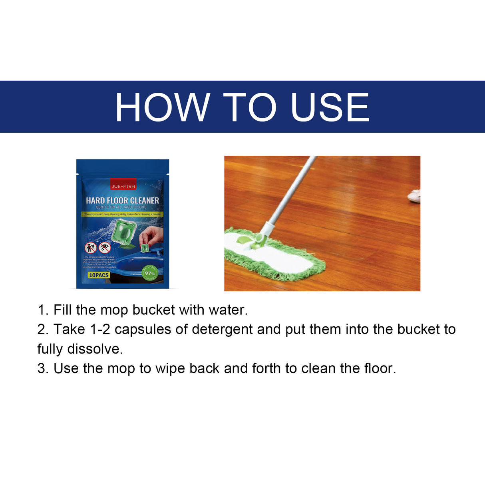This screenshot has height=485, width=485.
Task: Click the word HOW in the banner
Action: tap(162, 107)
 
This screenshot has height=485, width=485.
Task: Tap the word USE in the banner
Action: tap(330, 107)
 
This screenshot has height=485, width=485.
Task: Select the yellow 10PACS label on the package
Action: tap(99, 275)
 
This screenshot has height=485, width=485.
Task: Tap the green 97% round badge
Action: tap(150, 273)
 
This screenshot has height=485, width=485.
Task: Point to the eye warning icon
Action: tap(105, 247)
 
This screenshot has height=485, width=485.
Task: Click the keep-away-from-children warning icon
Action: tap(91, 248)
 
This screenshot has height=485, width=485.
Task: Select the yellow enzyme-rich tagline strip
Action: tap(122, 214)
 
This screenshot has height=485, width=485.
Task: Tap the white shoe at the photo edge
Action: tap(414, 196)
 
